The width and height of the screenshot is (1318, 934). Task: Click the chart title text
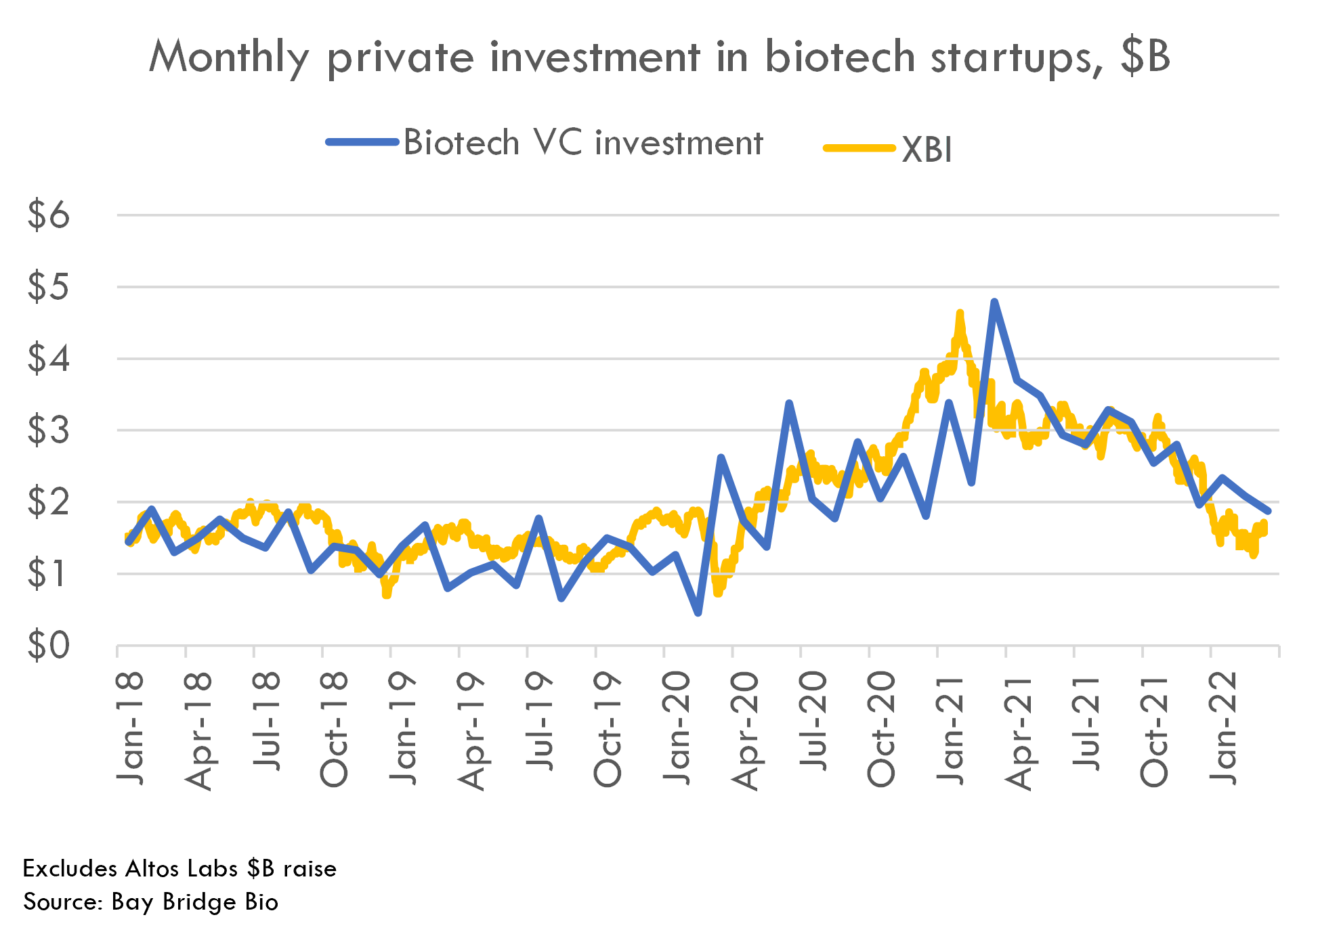point(659,57)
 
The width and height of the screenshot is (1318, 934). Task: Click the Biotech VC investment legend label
point(583,143)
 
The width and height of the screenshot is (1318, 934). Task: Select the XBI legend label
point(927,150)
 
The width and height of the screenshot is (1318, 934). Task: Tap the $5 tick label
point(48,287)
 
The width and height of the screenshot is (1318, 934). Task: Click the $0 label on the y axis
point(48,646)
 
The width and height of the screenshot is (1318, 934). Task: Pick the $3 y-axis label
point(48,430)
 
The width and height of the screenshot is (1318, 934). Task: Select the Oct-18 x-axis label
point(334,730)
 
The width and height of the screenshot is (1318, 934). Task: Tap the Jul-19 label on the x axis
point(539,721)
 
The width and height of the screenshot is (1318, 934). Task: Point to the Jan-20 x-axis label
point(676,728)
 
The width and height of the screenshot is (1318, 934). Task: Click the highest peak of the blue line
point(994,301)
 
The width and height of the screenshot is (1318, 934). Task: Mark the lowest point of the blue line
point(698,613)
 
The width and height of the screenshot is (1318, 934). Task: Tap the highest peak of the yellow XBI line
point(960,313)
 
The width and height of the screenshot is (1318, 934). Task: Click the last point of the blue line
point(1268,511)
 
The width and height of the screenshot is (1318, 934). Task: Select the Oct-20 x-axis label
point(880,730)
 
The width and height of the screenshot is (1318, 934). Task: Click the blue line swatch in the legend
point(362,142)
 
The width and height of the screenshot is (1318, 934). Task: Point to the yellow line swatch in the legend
point(859,148)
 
